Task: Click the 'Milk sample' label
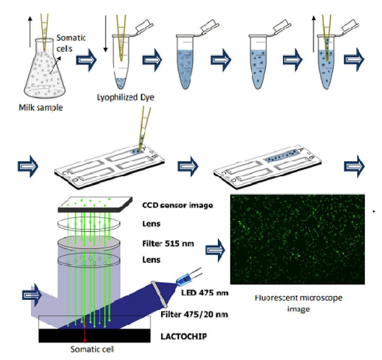(41, 108)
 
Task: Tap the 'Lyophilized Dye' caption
(125, 98)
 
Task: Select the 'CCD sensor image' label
(178, 205)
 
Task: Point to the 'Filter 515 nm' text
(168, 244)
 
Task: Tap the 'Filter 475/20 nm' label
(194, 314)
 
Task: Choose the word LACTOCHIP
(183, 336)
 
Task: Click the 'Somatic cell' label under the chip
(92, 350)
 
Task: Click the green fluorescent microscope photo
(298, 239)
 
